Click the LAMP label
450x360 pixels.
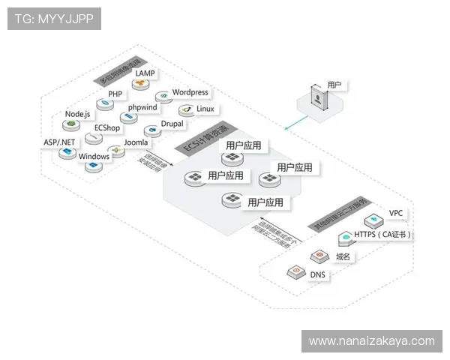pos(145,73)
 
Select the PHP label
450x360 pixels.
pos(115,94)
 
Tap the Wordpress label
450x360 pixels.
pos(190,92)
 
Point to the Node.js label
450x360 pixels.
pos(77,114)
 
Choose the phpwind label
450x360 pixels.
pos(142,107)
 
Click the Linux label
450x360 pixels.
pos(205,109)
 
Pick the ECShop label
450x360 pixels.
pos(106,128)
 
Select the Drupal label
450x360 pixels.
pos(172,124)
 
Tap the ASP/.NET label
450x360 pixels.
pos(58,142)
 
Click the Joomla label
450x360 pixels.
pos(136,142)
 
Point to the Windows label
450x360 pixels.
pos(94,156)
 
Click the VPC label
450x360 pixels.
pos(396,214)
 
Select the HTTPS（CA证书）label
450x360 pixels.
pos(383,235)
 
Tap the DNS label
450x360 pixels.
pos(318,274)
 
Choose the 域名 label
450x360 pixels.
pos(343,256)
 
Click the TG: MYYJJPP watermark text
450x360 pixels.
pos(53,19)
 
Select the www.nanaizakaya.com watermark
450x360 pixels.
pos(371,341)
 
